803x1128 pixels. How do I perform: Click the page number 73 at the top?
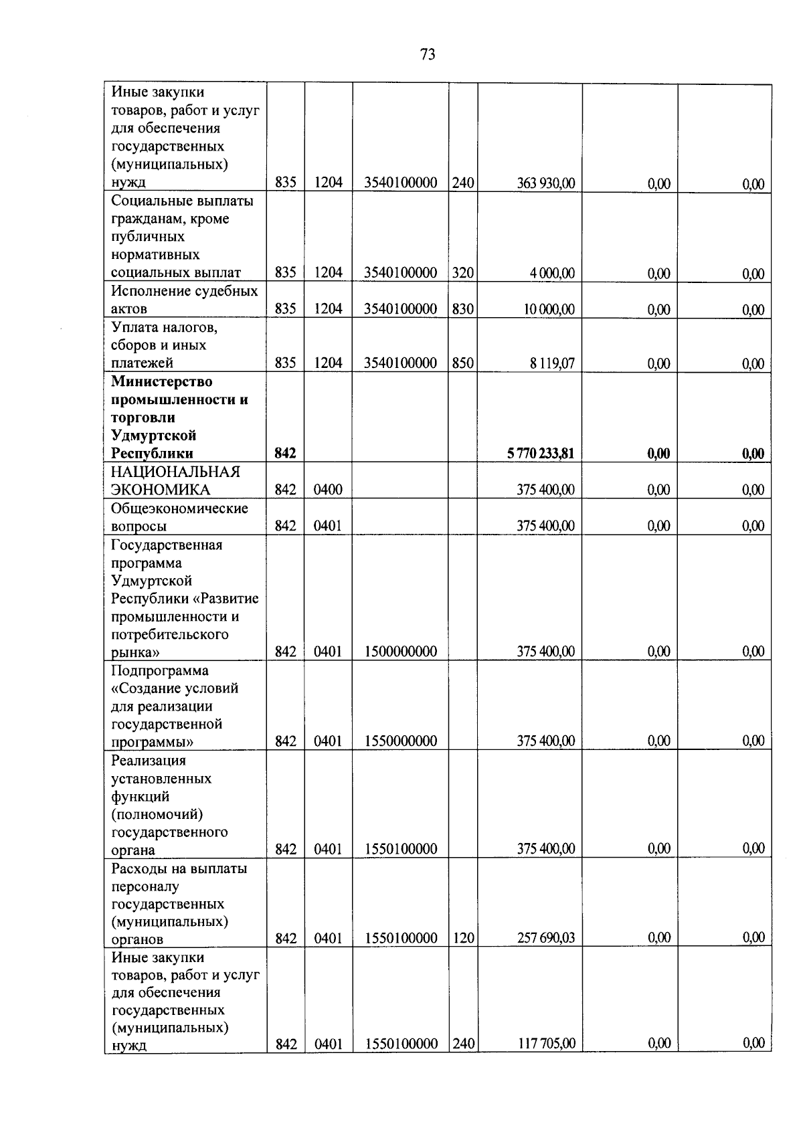pyautogui.click(x=428, y=55)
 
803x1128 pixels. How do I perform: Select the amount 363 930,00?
pyautogui.click(x=545, y=183)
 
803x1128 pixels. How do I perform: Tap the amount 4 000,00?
pyautogui.click(x=553, y=273)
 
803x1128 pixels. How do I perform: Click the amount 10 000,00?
pyautogui.click(x=549, y=309)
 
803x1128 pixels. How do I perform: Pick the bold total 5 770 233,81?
pyautogui.click(x=540, y=454)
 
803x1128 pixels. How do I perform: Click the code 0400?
pyautogui.click(x=328, y=490)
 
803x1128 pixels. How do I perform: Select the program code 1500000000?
pyautogui.click(x=401, y=652)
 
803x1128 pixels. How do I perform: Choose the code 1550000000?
pyautogui.click(x=401, y=741)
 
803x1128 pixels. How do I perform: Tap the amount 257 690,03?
pyautogui.click(x=545, y=938)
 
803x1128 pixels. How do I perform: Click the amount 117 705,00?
pyautogui.click(x=545, y=1044)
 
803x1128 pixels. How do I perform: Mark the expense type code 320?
pyautogui.click(x=462, y=273)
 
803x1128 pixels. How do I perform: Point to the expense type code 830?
pyautogui.click(x=462, y=309)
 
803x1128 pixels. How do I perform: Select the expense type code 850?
pyautogui.click(x=462, y=363)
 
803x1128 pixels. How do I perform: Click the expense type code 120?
pyautogui.click(x=462, y=938)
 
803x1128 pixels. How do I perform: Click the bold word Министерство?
pyautogui.click(x=161, y=381)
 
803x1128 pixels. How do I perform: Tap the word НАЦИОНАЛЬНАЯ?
pyautogui.click(x=175, y=472)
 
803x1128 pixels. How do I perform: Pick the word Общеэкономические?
pyautogui.click(x=179, y=508)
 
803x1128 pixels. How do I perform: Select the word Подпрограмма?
pyautogui.click(x=160, y=670)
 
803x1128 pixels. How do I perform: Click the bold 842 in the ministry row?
pyautogui.click(x=285, y=454)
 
